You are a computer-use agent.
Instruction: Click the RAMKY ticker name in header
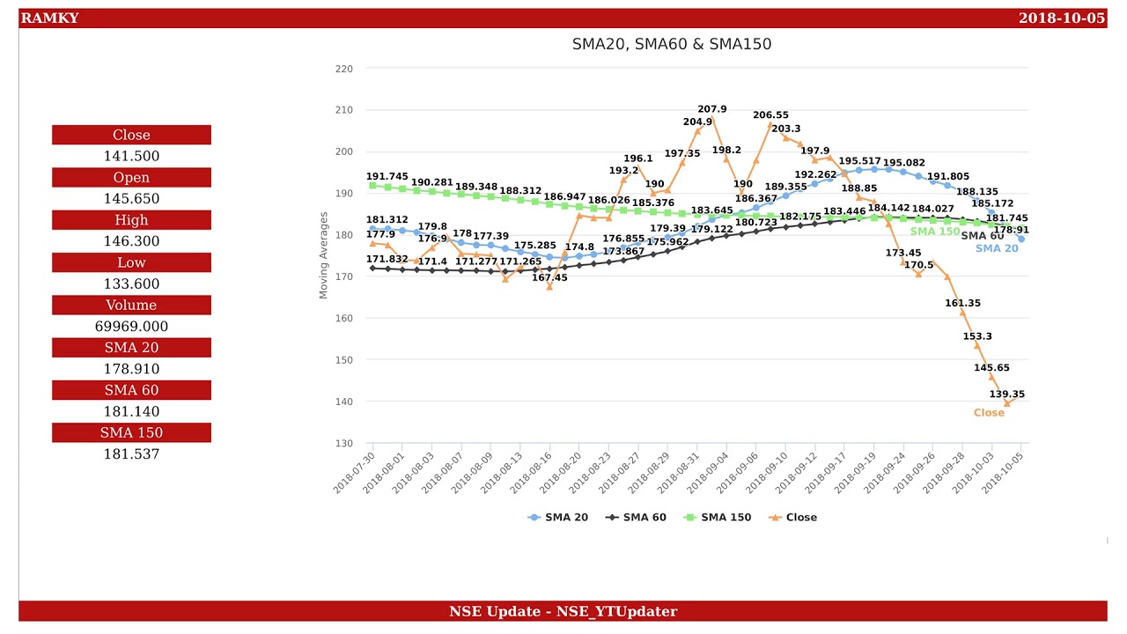[x=49, y=18]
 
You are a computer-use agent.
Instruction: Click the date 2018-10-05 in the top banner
[x=1061, y=18]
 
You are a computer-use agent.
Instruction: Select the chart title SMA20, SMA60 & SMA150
[x=671, y=44]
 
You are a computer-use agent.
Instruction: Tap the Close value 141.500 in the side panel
[x=131, y=156]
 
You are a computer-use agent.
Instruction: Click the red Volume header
[x=131, y=306]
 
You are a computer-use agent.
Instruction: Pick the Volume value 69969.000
[x=131, y=327]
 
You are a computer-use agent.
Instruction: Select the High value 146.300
[x=131, y=241]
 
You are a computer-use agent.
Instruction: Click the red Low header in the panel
[x=131, y=262]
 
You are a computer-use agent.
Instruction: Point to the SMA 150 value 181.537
[x=131, y=454]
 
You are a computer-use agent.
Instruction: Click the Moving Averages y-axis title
[x=323, y=255]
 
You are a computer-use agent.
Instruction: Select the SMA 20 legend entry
[x=558, y=518]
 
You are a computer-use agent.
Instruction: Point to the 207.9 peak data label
[x=711, y=110]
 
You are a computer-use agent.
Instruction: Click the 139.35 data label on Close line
[x=1006, y=394]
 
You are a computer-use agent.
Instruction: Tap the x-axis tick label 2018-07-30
[x=354, y=473]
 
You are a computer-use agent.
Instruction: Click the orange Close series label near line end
[x=988, y=413]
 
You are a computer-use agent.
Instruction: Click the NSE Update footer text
[x=563, y=611]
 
